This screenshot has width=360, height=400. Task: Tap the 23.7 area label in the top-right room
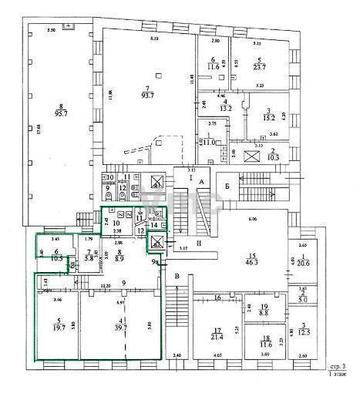click(260, 68)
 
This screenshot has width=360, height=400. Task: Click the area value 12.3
click(304, 332)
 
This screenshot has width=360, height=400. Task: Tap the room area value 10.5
click(57, 258)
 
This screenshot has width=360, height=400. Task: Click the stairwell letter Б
click(228, 186)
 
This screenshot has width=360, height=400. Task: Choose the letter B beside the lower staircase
click(177, 276)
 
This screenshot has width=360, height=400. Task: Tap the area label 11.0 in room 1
click(210, 142)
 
